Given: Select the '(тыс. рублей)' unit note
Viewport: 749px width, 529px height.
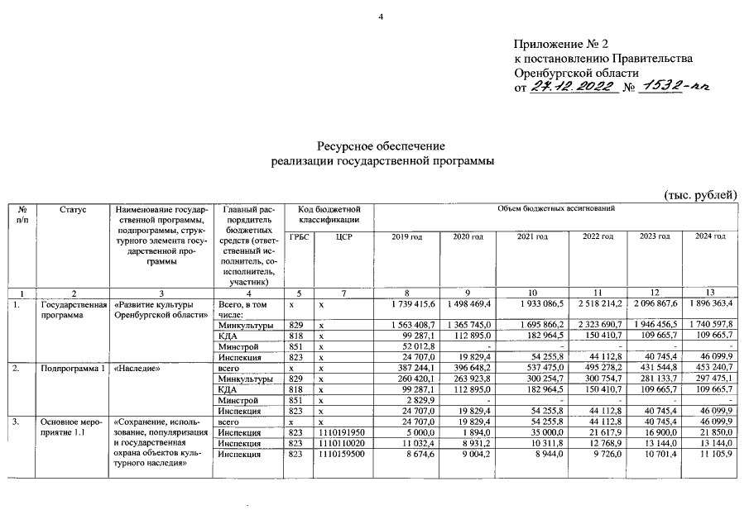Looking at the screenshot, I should [700, 194].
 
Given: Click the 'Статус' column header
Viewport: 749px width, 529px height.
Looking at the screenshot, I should [73, 211].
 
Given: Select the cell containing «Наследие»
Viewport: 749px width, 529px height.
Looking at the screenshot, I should [137, 369].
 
